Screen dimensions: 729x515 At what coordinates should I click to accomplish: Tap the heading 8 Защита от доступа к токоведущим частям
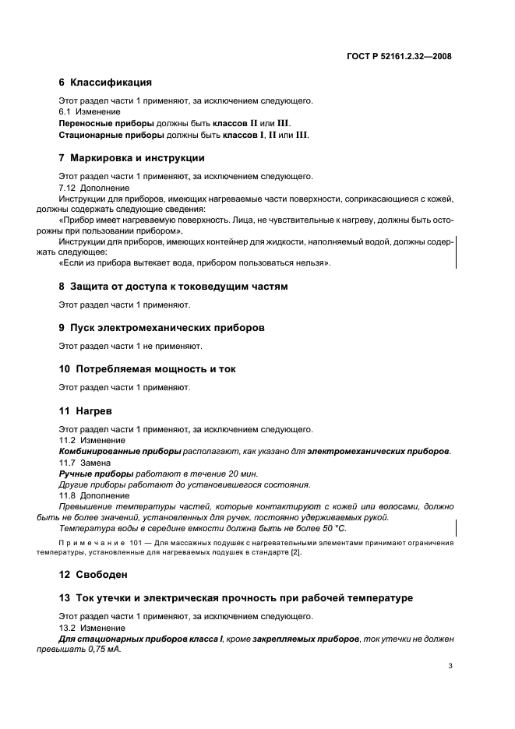pyautogui.click(x=173, y=287)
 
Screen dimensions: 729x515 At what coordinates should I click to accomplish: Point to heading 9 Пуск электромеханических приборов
pyautogui.click(x=161, y=328)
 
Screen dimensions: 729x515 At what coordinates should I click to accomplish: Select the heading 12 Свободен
pyautogui.click(x=93, y=575)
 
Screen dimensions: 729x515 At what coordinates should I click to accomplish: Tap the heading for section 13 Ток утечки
pyautogui.click(x=235, y=598)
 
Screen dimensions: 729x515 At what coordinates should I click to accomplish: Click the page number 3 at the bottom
pyautogui.click(x=450, y=666)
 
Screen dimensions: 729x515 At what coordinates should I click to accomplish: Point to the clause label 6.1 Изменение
pyautogui.click(x=86, y=112)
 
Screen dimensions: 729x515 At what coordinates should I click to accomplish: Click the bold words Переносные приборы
pyautogui.click(x=106, y=123)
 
